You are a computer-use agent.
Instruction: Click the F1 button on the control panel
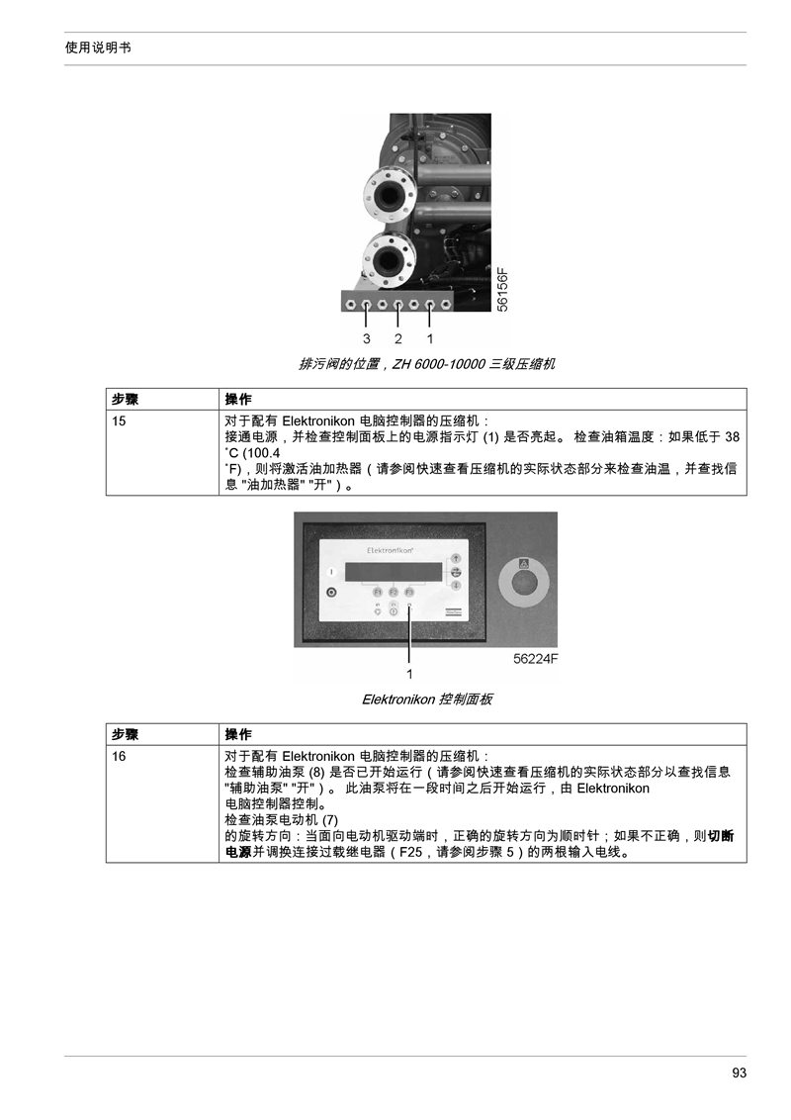pos(377,592)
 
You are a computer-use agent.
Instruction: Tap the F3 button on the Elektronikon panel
pos(409,592)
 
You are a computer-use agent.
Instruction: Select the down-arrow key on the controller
pos(456,585)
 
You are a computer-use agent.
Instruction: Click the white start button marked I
pos(330,572)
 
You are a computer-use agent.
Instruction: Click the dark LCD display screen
pos(394,572)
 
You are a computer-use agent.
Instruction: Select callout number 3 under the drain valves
pos(366,338)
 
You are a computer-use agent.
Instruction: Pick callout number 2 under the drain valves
pos(397,338)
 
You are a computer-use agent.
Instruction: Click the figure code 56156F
pos(502,289)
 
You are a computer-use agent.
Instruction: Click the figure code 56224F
pos(536,659)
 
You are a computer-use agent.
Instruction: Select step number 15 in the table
pos(119,420)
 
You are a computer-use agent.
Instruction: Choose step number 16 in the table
pos(119,756)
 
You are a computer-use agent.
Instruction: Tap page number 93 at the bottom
pos(739,1073)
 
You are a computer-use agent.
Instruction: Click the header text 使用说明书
pos(98,47)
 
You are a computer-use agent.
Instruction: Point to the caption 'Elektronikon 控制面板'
pos(427,700)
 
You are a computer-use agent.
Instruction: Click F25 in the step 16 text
pos(410,852)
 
